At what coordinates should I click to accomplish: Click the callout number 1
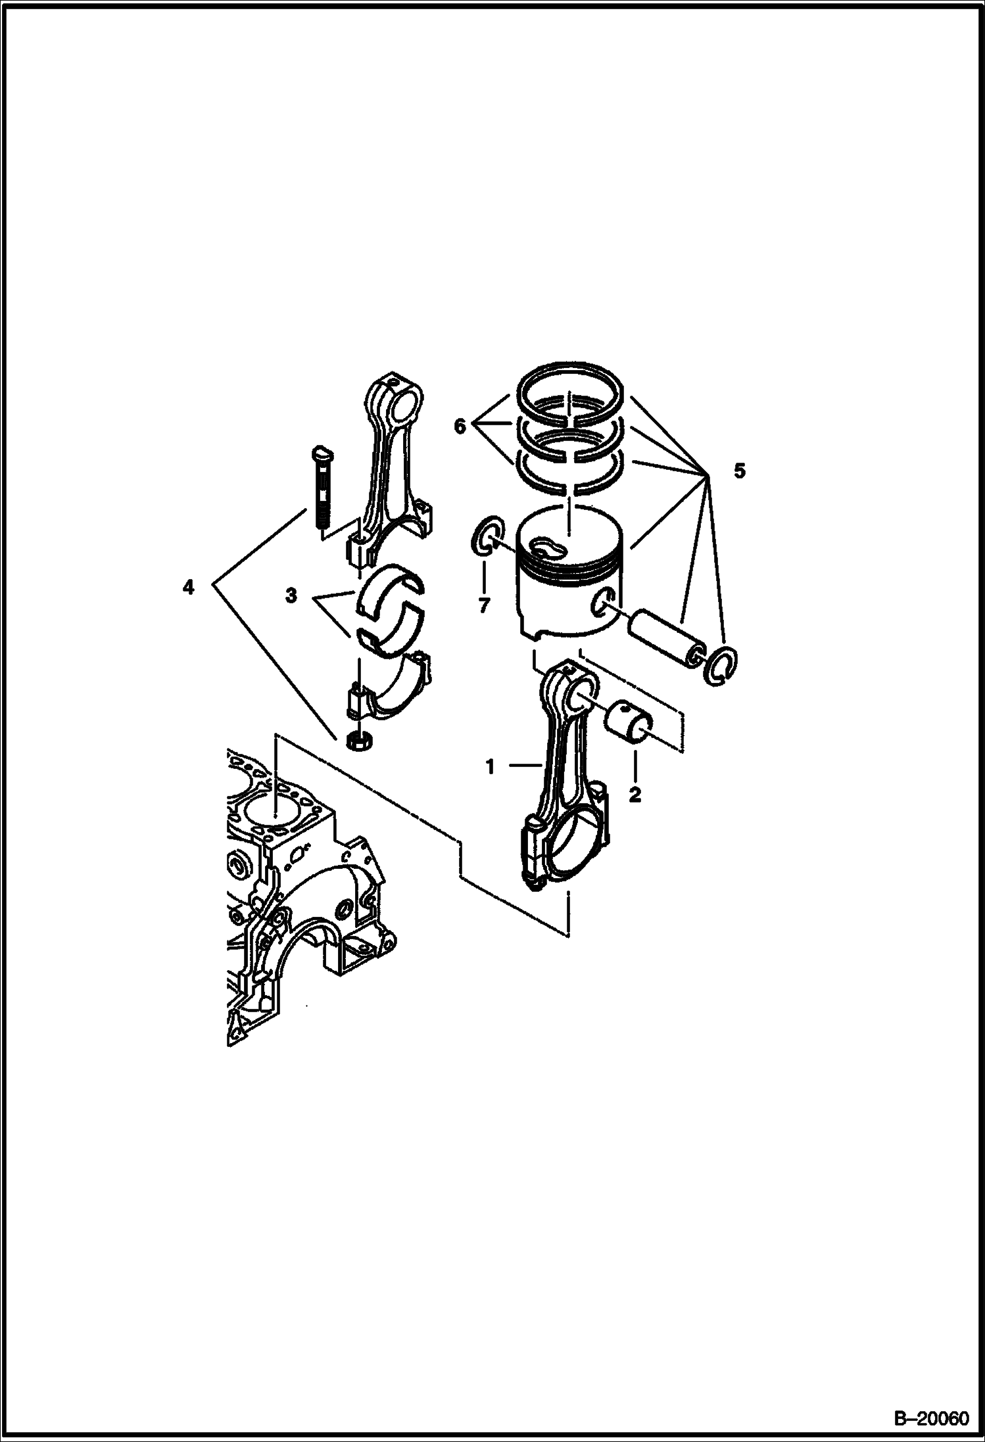[490, 766]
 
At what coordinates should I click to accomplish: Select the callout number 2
[635, 795]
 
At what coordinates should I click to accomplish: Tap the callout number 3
[291, 596]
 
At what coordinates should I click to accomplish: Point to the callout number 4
[189, 587]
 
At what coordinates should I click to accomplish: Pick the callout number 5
[740, 471]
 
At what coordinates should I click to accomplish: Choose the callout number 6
[460, 427]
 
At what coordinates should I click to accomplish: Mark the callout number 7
[485, 605]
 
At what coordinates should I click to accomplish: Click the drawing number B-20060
[932, 1420]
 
